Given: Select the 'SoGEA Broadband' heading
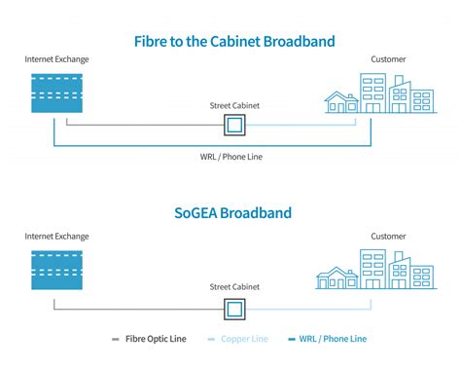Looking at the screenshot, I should click(x=232, y=212).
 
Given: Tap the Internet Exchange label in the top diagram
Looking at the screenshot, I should click(x=56, y=60).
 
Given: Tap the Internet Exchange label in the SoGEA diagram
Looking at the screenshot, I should click(x=56, y=237).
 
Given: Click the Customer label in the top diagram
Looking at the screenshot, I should click(x=389, y=60).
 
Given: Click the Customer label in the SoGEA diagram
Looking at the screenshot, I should click(x=389, y=237).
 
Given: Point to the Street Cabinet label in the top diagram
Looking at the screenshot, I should click(x=234, y=104).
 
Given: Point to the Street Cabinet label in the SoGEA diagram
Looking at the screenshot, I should click(x=234, y=287).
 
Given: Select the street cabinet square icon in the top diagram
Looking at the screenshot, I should click(x=234, y=125).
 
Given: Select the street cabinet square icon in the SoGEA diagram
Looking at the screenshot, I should click(x=234, y=308).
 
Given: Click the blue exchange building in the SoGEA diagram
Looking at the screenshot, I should click(x=56, y=269).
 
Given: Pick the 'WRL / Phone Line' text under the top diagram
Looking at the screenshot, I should click(x=234, y=157).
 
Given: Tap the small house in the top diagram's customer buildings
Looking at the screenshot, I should click(x=341, y=101).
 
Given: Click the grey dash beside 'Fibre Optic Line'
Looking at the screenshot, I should click(x=116, y=340).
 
